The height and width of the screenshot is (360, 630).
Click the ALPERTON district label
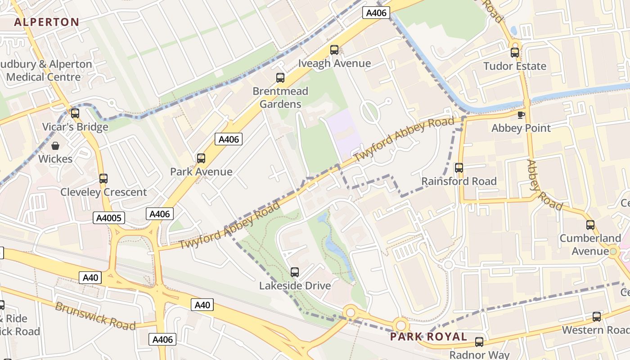coord(46,22)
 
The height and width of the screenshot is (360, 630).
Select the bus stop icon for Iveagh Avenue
coord(334,50)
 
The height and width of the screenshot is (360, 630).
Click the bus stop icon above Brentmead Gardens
coord(280,78)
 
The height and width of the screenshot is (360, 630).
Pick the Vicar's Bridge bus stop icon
coord(75,113)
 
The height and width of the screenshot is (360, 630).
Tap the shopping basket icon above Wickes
coord(55,146)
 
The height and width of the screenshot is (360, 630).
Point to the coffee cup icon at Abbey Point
coord(521,115)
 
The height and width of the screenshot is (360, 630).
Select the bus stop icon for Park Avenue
coord(201,158)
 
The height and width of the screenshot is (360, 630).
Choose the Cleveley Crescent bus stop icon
coord(103,179)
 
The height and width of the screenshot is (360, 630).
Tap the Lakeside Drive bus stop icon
coord(295,272)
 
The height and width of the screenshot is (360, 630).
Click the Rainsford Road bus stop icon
coord(459,168)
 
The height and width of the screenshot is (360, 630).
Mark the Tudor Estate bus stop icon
coord(515,53)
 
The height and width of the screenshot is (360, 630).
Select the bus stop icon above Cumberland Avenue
coord(590,225)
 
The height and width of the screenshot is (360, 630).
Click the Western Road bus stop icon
coord(597,317)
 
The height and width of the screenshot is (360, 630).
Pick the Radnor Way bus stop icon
coord(479,342)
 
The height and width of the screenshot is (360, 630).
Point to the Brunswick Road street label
coord(95,315)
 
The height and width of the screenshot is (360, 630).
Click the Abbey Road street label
coord(544,185)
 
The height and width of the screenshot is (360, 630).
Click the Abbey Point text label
coord(521,128)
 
